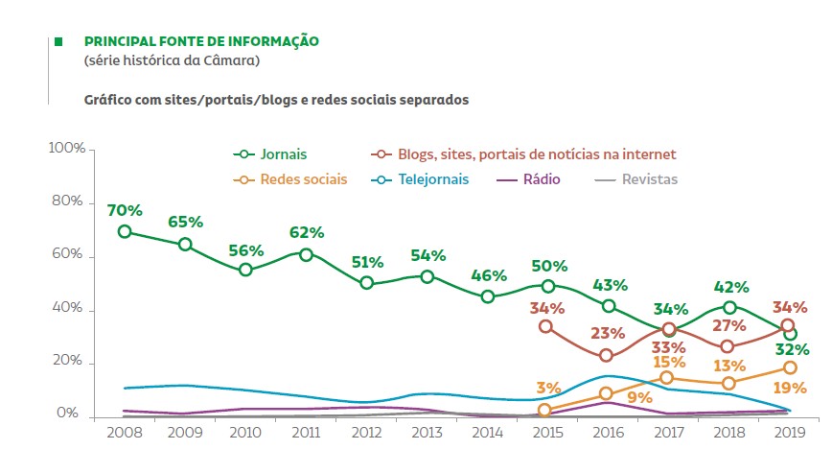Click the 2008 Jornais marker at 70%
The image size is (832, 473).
(125, 231)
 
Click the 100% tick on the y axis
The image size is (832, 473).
(67, 150)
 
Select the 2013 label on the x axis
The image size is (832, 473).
(428, 433)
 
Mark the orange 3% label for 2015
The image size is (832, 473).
(548, 389)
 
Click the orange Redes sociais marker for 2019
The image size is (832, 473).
(790, 367)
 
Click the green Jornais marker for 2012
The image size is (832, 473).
(366, 283)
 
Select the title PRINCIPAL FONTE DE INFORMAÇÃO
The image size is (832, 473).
(201, 41)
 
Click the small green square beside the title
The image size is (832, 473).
(58, 41)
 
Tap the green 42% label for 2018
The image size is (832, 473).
(730, 286)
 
